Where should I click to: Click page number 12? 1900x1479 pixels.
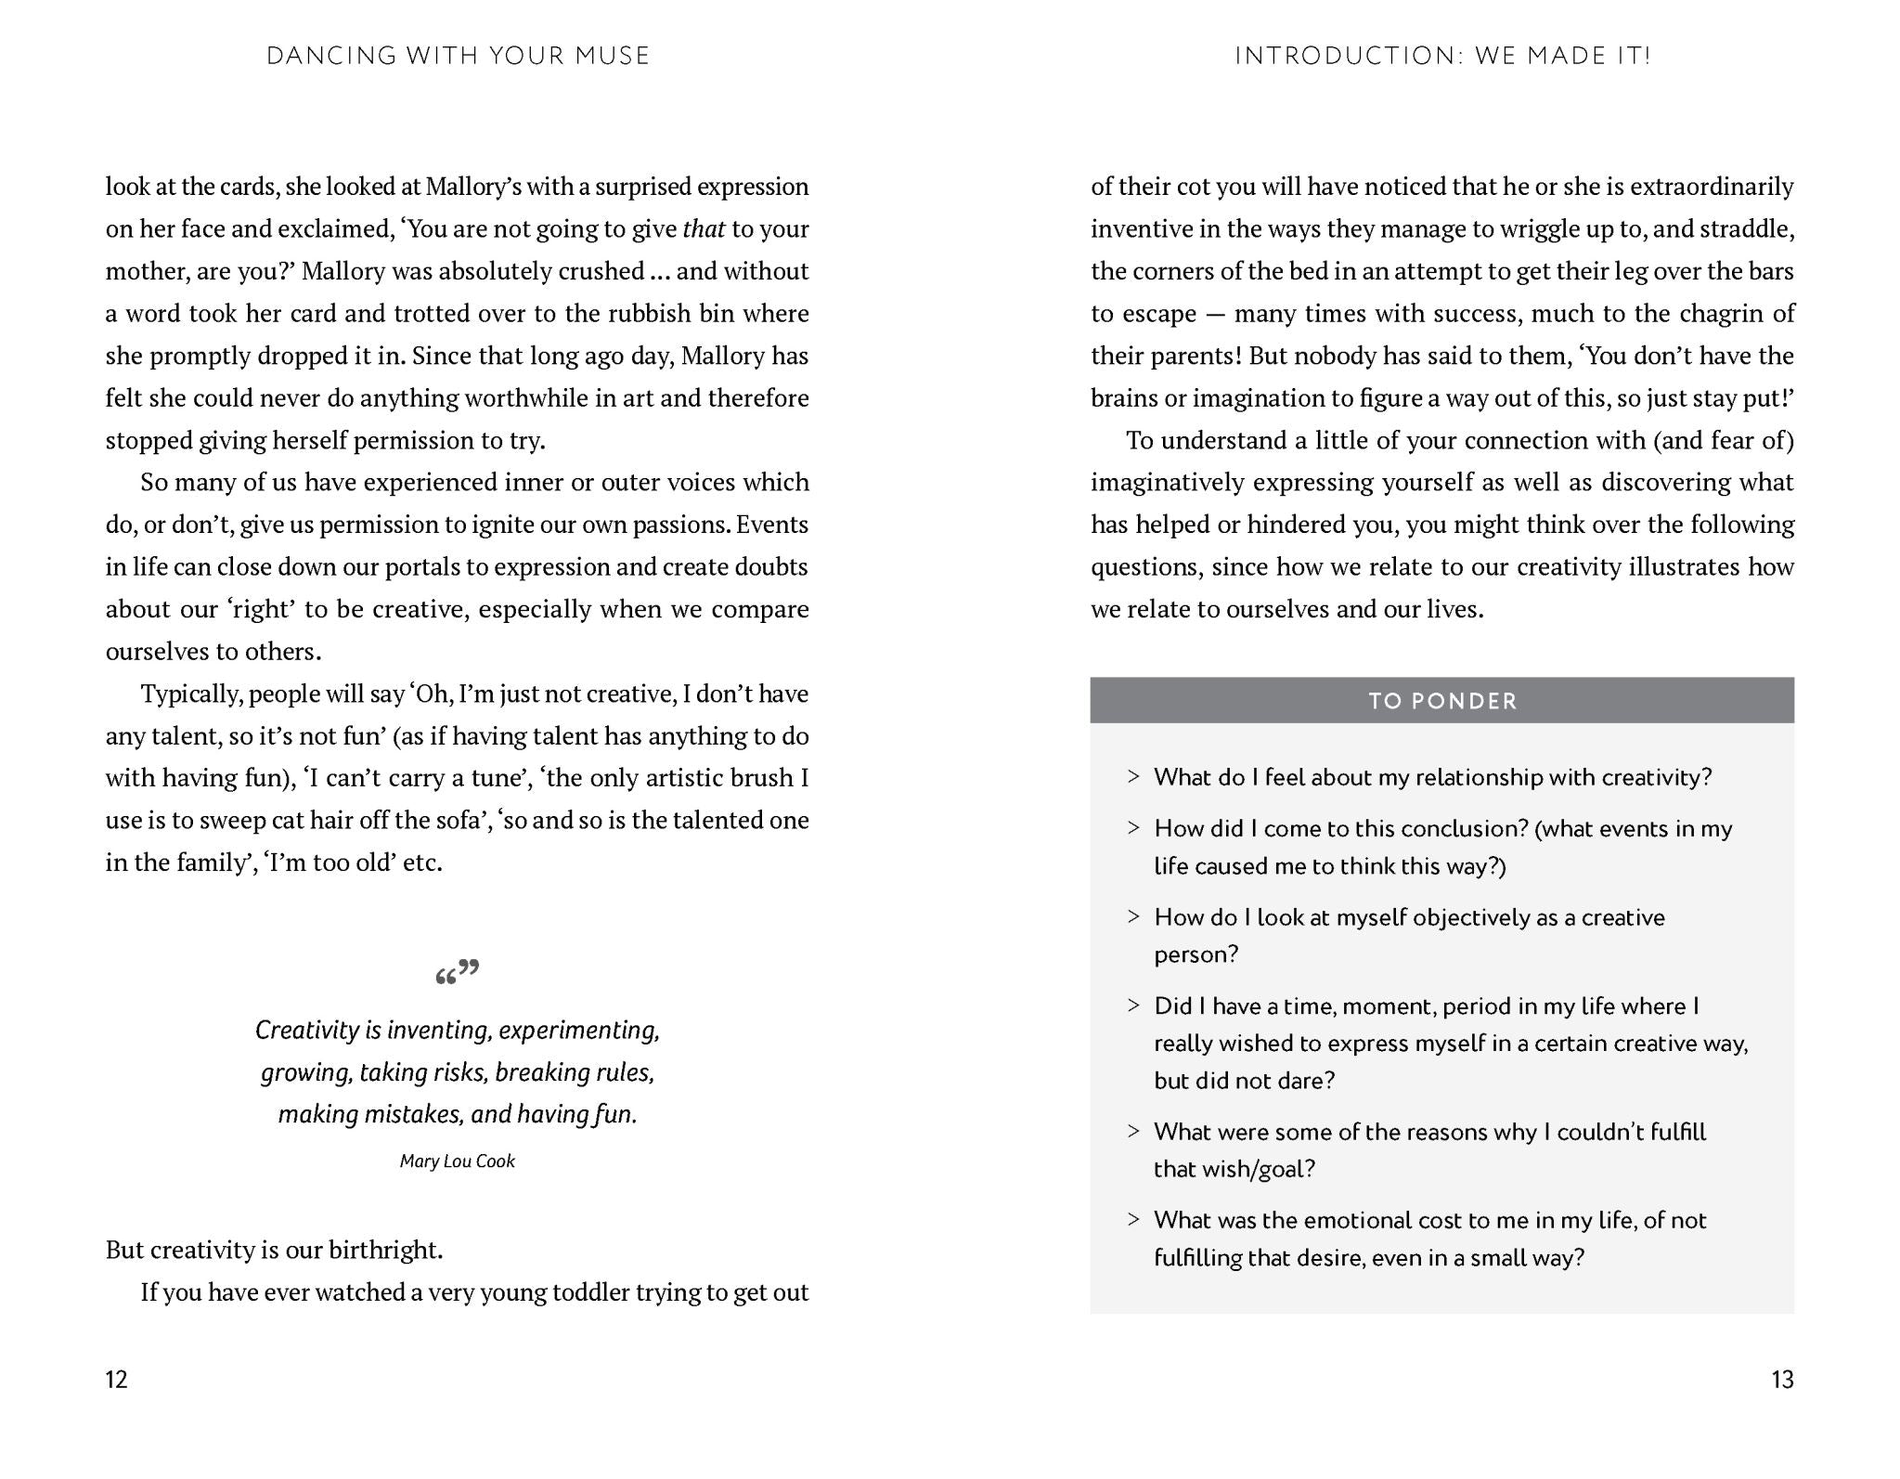pyautogui.click(x=116, y=1380)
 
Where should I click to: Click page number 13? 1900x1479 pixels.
pyautogui.click(x=1782, y=1380)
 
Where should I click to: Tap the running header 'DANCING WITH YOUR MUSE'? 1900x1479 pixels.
pyautogui.click(x=458, y=56)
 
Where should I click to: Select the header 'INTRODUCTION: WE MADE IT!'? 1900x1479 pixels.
pyautogui.click(x=1442, y=56)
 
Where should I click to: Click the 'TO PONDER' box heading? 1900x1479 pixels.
pyautogui.click(x=1442, y=701)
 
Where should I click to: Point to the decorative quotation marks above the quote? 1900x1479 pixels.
pyautogui.click(x=457, y=972)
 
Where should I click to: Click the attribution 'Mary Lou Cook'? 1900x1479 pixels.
pyautogui.click(x=457, y=1161)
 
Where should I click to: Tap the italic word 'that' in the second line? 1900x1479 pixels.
pyautogui.click(x=703, y=229)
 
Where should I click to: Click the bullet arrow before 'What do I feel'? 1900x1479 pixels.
pyautogui.click(x=1133, y=777)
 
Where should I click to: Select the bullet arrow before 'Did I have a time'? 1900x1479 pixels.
pyautogui.click(x=1133, y=1005)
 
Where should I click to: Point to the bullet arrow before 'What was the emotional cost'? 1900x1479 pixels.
pyautogui.click(x=1133, y=1220)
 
